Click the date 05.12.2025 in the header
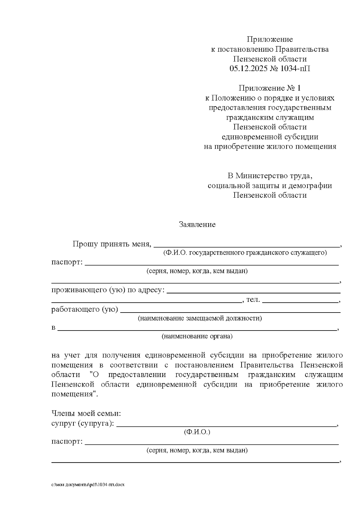pos(249,68)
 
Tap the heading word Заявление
pos(197,224)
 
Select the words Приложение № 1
pos(269,88)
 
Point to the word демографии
pos(314,185)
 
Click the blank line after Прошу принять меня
pos(247,245)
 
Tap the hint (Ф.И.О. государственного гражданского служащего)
pos(245,253)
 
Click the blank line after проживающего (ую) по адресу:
pos(253,291)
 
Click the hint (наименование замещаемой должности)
pos(200,318)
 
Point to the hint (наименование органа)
pos(197,336)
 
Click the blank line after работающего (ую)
pos(230,310)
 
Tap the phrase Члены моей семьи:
pos(86,414)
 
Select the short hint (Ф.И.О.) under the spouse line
pos(197,432)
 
